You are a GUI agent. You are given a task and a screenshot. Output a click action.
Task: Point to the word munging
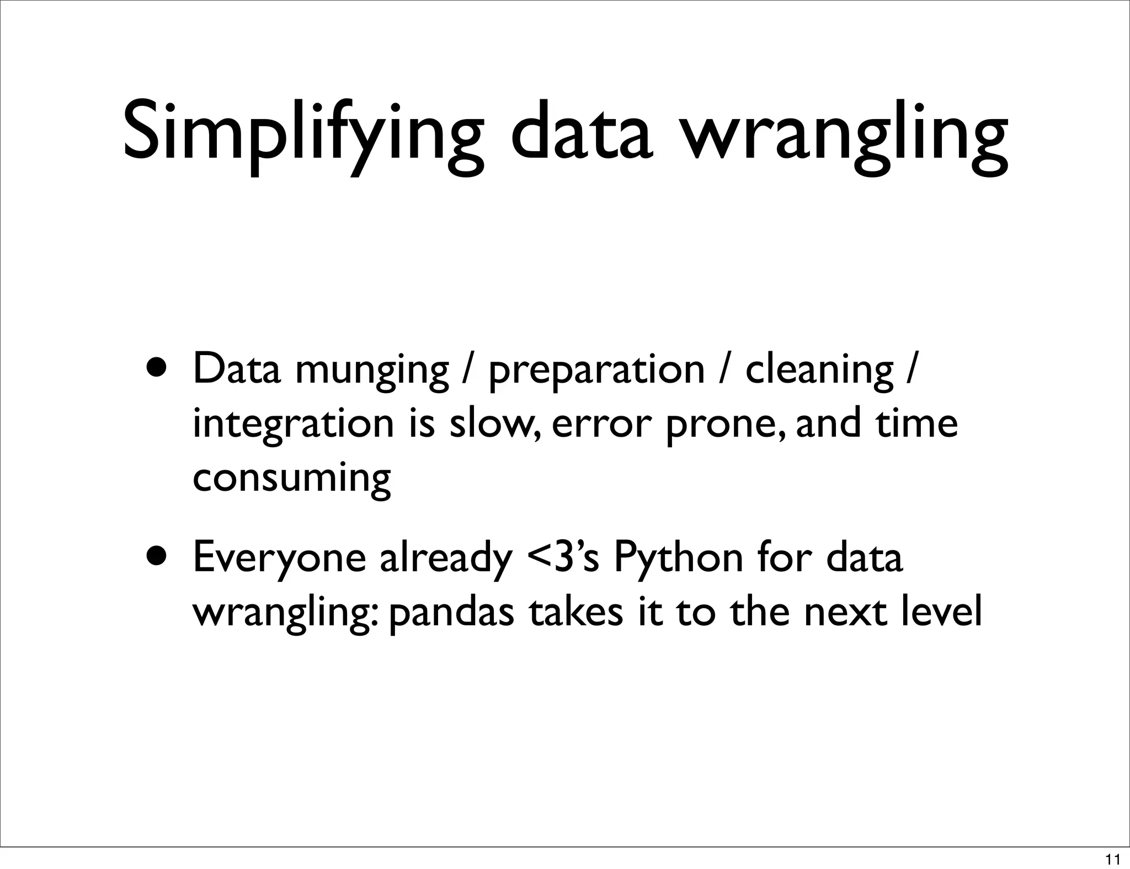pos(372,371)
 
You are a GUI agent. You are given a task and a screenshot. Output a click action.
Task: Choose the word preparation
pos(596,371)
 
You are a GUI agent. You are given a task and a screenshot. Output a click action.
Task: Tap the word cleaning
pos(819,371)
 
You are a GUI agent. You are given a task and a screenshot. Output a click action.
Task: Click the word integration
pos(293,425)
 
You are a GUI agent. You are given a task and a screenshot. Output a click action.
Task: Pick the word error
pos(598,425)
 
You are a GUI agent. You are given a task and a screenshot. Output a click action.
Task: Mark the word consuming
pos(292,479)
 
